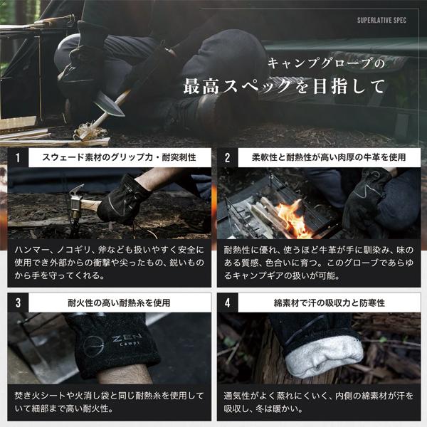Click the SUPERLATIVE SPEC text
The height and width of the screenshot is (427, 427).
[x=381, y=20]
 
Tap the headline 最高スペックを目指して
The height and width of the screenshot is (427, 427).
[x=284, y=87]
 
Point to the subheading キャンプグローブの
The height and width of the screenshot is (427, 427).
[x=326, y=63]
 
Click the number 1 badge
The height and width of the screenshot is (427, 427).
[x=18, y=158]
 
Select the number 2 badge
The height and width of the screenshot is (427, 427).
[x=228, y=158]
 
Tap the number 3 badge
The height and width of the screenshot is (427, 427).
[x=18, y=302]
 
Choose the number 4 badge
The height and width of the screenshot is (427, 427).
[x=228, y=302]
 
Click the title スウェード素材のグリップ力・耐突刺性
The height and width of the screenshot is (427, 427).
[x=119, y=157]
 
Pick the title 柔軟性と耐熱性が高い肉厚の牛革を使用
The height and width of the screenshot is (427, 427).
[x=329, y=157]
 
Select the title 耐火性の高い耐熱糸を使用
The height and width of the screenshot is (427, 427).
[x=119, y=302]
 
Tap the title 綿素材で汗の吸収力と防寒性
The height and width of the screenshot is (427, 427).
[x=330, y=302]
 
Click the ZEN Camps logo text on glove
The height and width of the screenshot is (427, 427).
[x=127, y=340]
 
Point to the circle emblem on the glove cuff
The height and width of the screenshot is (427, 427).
[x=93, y=347]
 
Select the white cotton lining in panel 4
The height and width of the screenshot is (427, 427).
[x=324, y=357]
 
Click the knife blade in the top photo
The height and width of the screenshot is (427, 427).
[x=109, y=105]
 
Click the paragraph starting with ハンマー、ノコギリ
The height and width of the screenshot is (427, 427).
[x=109, y=263]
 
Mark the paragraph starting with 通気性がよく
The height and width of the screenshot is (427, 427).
[x=319, y=402]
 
